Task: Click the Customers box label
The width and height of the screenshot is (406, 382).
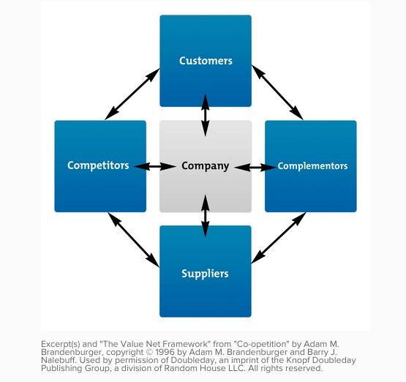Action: [x=206, y=61]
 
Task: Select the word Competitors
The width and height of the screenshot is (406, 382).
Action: [x=98, y=165]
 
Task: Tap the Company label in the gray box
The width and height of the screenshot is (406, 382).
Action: [x=206, y=166]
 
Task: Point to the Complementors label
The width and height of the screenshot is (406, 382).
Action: [x=312, y=166]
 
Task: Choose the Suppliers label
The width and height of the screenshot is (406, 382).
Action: [x=205, y=274]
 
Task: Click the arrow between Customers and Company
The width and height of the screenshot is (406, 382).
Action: [x=206, y=115]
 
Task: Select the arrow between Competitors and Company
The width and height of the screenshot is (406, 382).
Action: [x=155, y=166]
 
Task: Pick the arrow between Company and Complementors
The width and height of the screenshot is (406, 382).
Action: [x=255, y=168]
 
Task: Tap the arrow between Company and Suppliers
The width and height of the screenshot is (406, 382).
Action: [x=206, y=216]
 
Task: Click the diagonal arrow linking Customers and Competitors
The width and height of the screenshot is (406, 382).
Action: [x=132, y=94]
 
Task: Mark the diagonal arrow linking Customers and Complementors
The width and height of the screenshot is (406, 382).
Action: [x=277, y=92]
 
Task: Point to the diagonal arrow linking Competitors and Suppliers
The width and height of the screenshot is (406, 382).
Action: [x=134, y=240]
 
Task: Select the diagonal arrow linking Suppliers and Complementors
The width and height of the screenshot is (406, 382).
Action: [x=279, y=238]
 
